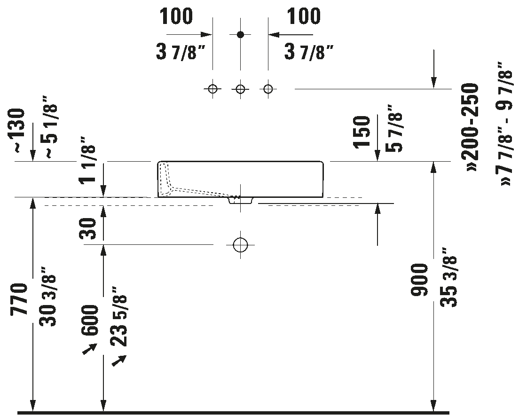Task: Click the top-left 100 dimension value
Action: coord(176,16)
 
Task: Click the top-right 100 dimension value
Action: coord(304,16)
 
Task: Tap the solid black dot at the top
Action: coord(241,34)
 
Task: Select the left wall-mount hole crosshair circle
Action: coord(213,89)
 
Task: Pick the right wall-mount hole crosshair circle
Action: coord(268,89)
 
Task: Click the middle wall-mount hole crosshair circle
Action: coord(241,89)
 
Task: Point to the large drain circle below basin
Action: coord(241,245)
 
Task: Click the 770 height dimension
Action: coord(19,300)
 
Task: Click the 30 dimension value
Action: coord(88,228)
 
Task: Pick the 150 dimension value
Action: coord(362,132)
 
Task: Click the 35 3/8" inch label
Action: coord(449,277)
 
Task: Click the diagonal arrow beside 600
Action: coord(90,349)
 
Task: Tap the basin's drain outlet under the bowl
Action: coord(241,200)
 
